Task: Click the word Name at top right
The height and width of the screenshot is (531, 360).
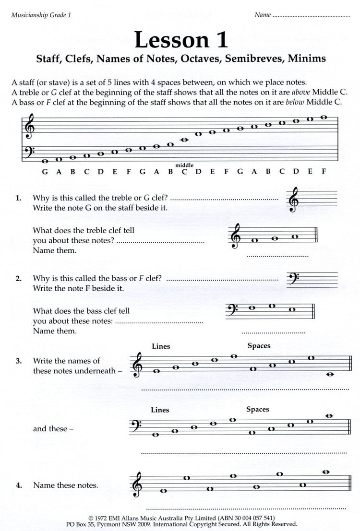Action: pyautogui.click(x=262, y=15)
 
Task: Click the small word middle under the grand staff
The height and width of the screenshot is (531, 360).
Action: pyautogui.click(x=184, y=165)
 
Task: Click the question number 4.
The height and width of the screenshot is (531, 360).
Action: pyautogui.click(x=18, y=485)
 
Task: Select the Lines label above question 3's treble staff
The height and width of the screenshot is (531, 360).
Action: pyautogui.click(x=161, y=346)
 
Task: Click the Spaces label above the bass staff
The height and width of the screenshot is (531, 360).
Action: pyautogui.click(x=257, y=409)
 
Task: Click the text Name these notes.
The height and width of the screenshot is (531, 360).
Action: pyautogui.click(x=66, y=485)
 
